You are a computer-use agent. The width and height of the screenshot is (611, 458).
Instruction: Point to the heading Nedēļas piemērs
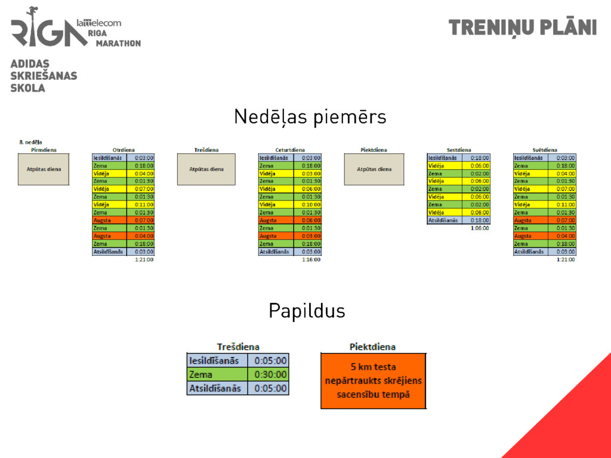click(310, 117)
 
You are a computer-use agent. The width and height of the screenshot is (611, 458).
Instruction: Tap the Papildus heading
click(306, 311)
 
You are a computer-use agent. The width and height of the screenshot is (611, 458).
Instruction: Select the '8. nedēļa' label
click(30, 143)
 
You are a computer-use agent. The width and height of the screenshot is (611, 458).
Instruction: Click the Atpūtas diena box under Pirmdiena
click(44, 169)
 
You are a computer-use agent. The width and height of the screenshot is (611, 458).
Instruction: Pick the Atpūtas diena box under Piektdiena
click(374, 169)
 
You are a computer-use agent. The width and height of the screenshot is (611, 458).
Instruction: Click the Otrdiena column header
click(124, 150)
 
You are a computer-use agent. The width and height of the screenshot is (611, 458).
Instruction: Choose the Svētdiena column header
click(545, 150)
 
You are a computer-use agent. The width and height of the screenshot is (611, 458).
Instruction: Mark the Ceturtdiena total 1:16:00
click(311, 260)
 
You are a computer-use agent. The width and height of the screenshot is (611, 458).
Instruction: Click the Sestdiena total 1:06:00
click(480, 228)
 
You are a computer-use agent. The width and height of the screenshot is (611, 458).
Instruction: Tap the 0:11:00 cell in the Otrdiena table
click(144, 205)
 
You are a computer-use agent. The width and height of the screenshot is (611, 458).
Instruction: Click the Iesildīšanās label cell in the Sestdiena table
click(443, 158)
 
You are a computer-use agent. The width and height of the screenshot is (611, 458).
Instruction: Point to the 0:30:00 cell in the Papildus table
click(270, 375)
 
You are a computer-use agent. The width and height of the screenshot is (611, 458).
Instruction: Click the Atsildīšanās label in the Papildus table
click(215, 388)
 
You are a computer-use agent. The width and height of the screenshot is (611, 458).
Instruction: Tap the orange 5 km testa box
click(374, 380)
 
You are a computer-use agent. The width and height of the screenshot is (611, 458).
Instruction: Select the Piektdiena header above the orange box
click(372, 346)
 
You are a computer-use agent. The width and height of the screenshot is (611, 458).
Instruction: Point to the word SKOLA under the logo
click(27, 88)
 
